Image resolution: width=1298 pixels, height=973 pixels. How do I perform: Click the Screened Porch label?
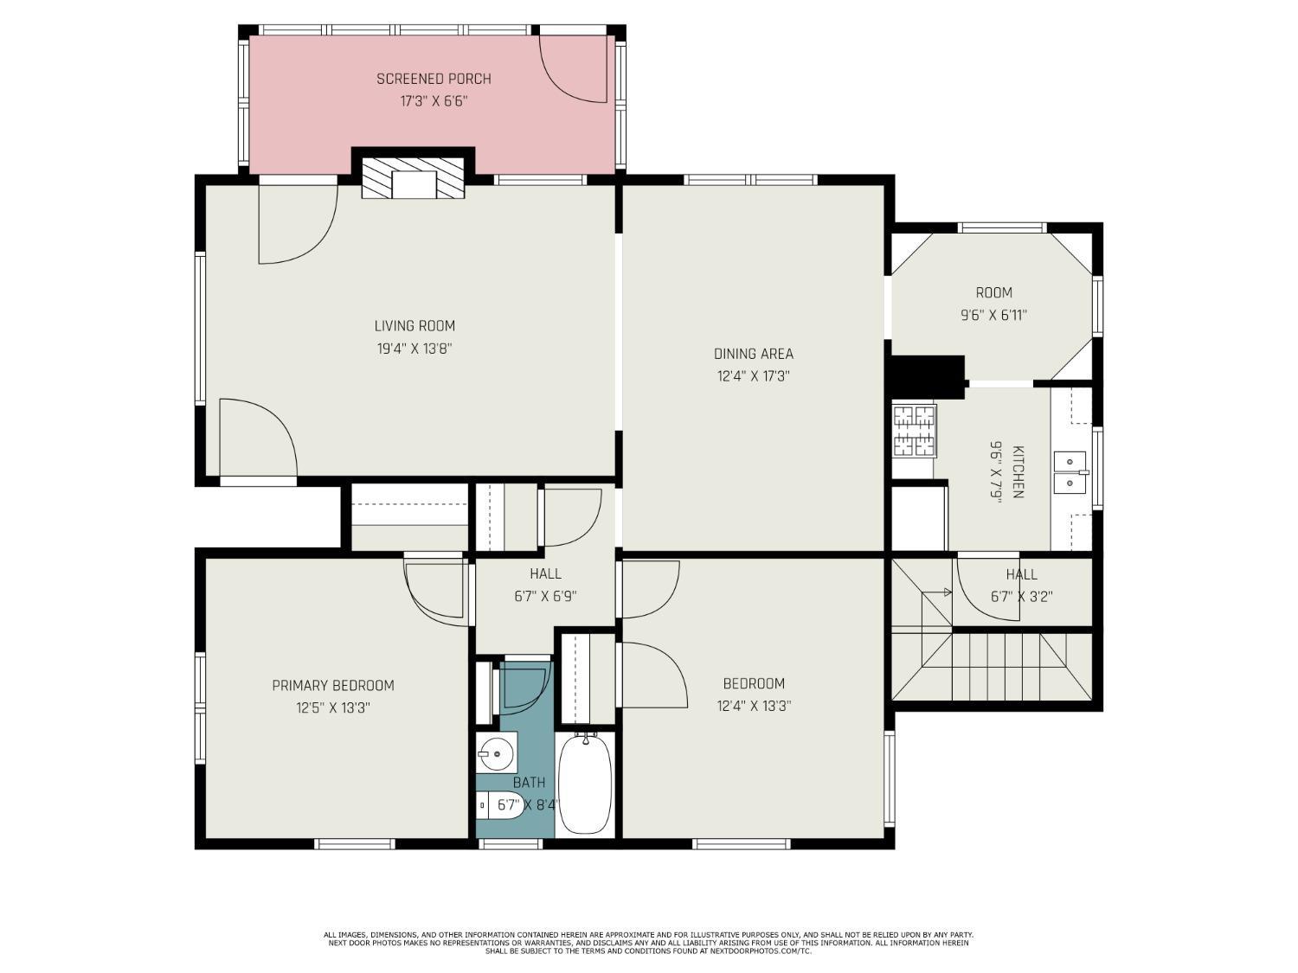click(434, 79)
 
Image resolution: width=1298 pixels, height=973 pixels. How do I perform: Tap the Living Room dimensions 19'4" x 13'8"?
click(414, 349)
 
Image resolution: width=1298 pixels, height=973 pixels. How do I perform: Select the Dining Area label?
click(754, 354)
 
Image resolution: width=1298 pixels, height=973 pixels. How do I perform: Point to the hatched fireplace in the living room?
click(413, 178)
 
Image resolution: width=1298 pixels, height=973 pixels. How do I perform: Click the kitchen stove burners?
click(914, 432)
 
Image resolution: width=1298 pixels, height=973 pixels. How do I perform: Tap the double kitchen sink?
click(1070, 472)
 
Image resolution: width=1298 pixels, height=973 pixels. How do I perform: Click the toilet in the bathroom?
click(499, 805)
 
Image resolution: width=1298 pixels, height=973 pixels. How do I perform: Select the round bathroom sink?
click(497, 753)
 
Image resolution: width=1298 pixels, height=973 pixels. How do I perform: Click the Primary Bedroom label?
click(333, 685)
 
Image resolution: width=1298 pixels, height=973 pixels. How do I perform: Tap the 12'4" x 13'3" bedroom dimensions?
click(754, 706)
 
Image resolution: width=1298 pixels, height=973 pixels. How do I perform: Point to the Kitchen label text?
click(1018, 471)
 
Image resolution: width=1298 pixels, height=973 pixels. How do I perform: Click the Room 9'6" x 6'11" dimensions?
click(993, 316)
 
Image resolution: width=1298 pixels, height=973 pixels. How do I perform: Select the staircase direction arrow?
click(936, 592)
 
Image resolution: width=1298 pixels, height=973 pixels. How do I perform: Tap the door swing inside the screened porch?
click(573, 69)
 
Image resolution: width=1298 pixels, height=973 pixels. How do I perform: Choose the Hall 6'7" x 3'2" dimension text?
click(1022, 597)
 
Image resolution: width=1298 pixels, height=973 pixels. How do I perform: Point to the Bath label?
click(530, 783)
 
